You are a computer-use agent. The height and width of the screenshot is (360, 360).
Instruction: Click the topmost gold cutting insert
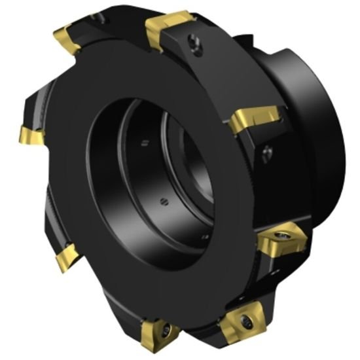click(169, 28)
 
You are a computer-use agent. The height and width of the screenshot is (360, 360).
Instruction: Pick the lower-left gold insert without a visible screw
click(66, 257)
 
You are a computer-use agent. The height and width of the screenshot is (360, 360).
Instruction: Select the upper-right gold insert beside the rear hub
click(257, 119)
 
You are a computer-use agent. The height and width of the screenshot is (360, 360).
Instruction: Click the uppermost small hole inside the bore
click(141, 140)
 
